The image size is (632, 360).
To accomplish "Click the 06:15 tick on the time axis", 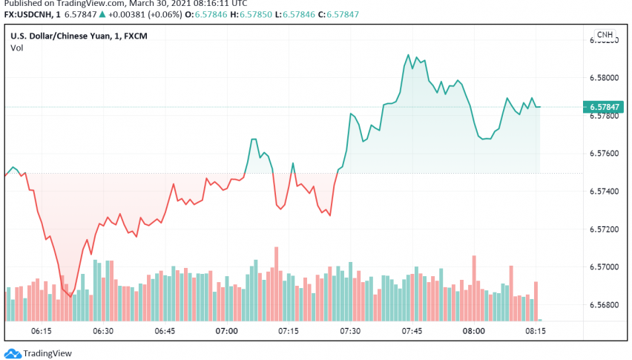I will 41,330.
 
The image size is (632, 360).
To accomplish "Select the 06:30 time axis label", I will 102,330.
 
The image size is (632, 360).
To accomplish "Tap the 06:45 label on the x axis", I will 164,330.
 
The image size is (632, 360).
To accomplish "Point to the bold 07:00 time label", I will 226,330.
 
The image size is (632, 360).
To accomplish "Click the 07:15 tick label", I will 288,330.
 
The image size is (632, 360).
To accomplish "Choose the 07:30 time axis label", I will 350,330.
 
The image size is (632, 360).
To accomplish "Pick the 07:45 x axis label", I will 412,330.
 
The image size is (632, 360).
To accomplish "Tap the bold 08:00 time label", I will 474,330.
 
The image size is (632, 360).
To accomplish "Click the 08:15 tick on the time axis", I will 536,330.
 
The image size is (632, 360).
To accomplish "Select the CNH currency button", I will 605,35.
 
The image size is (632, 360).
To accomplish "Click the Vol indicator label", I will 16,48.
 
